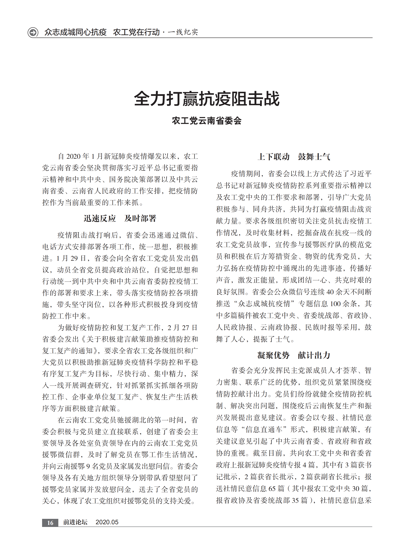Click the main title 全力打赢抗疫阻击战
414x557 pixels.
pos(207,99)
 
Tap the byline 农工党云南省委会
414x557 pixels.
pos(207,121)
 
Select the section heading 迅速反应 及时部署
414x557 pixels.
pos(120,218)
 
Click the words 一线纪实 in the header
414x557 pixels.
pos(183,32)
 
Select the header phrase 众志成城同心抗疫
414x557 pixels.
pos(75,32)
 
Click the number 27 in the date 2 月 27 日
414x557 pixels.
pos(185,328)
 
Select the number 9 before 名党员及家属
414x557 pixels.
pos(88,466)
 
